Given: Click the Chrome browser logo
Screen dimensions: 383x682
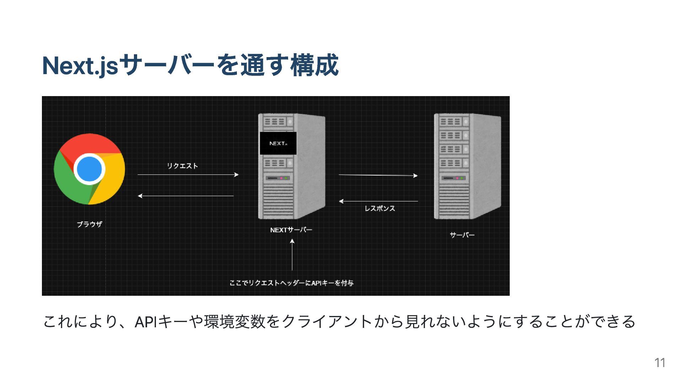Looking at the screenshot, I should click(x=90, y=169).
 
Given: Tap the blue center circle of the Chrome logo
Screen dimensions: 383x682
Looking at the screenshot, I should click(x=90, y=169).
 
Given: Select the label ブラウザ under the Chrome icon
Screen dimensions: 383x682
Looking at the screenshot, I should click(x=90, y=224).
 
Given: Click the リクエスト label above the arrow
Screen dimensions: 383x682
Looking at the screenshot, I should click(x=182, y=166).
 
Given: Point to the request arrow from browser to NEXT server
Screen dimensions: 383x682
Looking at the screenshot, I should click(x=188, y=174).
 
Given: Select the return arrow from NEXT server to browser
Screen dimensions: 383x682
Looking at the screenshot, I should click(x=186, y=196).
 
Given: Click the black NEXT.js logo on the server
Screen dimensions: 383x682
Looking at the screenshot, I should click(x=278, y=143).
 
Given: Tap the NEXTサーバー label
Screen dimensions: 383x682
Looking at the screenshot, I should click(x=291, y=230).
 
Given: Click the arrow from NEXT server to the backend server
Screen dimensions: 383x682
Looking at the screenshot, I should click(x=378, y=175).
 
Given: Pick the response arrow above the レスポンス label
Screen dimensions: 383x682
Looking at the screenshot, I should click(x=378, y=201).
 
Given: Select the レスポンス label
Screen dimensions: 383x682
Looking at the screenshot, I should click(x=380, y=209).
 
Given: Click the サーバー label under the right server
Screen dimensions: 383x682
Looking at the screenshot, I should click(x=462, y=235).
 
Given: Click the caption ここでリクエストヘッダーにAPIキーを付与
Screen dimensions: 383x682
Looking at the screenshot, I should click(x=291, y=283).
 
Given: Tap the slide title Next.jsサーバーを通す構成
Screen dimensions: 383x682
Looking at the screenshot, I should click(x=190, y=66).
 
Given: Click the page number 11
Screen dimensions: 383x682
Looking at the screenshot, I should click(x=660, y=363).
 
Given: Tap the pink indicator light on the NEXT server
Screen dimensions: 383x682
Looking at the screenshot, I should click(x=281, y=178).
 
